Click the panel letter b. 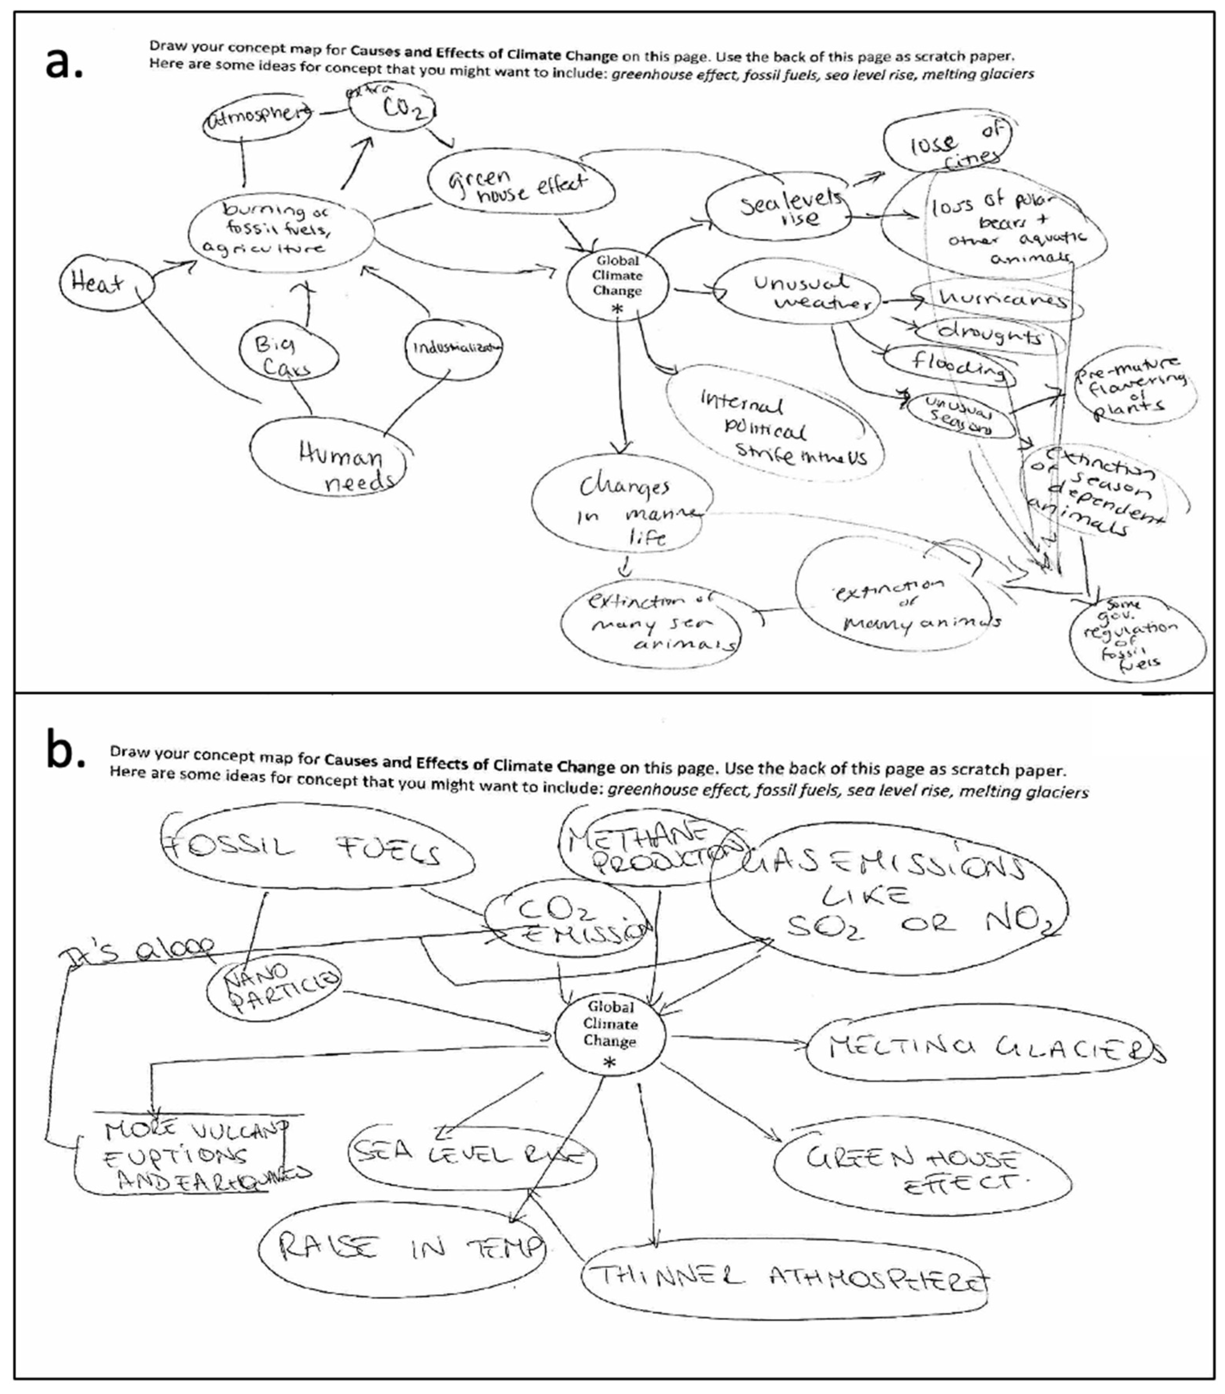point(64,750)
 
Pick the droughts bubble point(989,334)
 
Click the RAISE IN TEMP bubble point(402,1248)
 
